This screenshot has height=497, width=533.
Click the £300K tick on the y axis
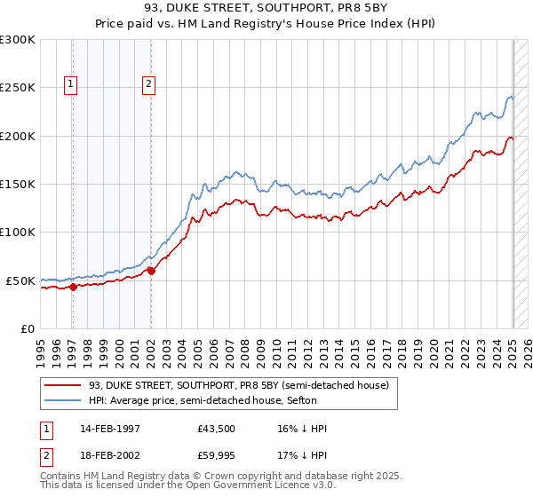tap(18, 40)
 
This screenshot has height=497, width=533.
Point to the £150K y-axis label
tap(18, 185)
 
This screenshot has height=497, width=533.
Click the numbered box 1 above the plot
tap(71, 84)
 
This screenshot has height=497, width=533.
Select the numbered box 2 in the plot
tap(148, 84)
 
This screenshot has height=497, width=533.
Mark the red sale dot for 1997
tap(73, 286)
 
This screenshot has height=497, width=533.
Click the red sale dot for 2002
tap(151, 271)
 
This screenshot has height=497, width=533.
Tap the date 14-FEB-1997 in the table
tap(117, 429)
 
